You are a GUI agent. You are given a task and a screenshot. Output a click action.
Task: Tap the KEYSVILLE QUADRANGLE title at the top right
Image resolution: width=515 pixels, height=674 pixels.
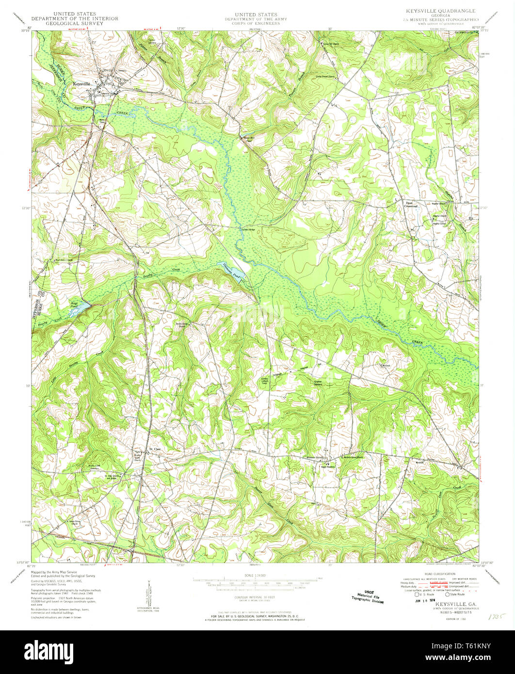point(436,11)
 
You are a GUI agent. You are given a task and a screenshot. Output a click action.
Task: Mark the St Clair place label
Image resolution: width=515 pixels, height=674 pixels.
point(154,449)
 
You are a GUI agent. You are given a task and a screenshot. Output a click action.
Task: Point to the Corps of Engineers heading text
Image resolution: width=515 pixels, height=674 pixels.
point(256,23)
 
